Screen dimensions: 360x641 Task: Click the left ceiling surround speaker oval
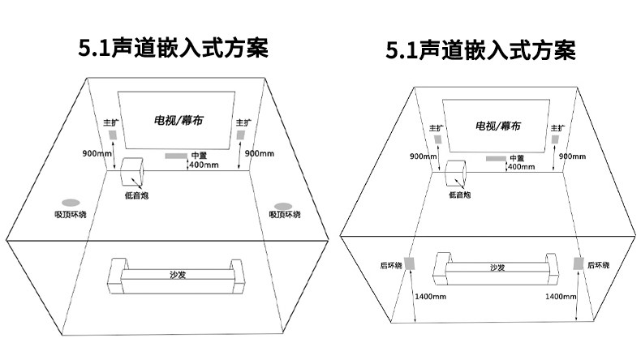[71, 201]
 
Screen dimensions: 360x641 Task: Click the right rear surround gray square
[578, 264]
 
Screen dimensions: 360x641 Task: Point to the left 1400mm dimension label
[429, 298]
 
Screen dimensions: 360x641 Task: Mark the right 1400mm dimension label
[561, 298]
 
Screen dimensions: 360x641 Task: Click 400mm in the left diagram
[203, 165]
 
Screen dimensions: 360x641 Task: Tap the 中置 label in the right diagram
[516, 158]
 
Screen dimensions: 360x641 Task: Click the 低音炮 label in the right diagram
[459, 195]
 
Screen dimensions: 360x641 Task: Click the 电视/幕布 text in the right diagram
[498, 126]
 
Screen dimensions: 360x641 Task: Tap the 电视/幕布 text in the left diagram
[179, 120]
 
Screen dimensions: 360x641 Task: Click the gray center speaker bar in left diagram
[174, 156]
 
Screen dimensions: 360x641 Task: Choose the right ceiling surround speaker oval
[283, 206]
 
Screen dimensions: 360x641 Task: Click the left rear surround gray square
[411, 264]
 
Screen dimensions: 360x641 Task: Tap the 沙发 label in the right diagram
[497, 268]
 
